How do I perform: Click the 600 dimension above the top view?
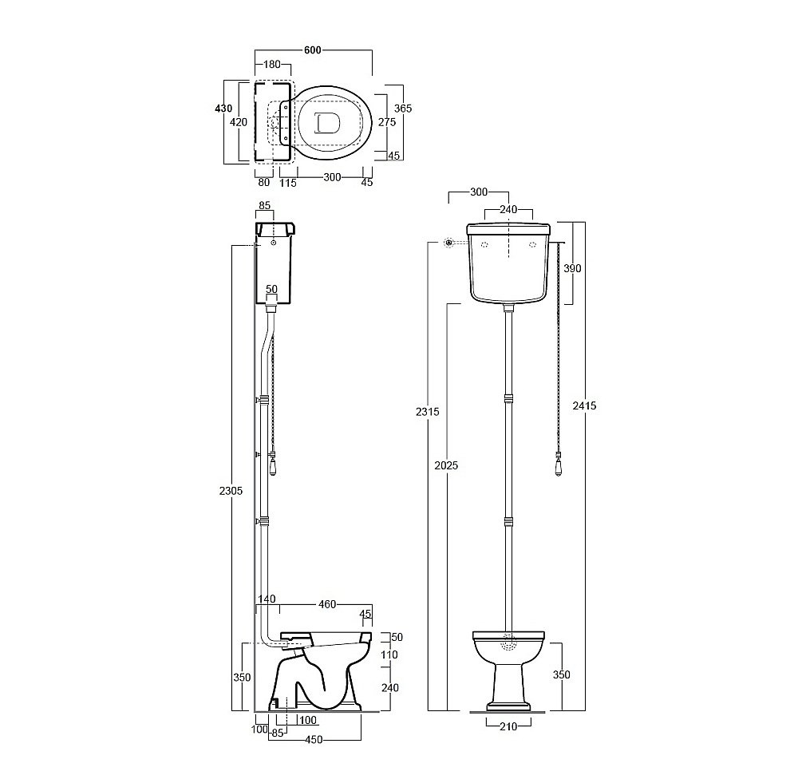[x=313, y=50]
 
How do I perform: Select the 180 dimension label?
[x=272, y=64]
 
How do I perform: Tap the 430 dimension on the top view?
[x=223, y=108]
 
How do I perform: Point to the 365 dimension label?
[x=403, y=108]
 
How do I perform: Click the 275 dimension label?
[x=387, y=122]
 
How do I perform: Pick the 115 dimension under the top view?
[x=288, y=183]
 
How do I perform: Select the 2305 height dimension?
[x=231, y=491]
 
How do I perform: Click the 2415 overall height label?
[x=584, y=405]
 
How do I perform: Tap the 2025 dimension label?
[x=446, y=465]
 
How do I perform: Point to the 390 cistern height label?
[x=572, y=268]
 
